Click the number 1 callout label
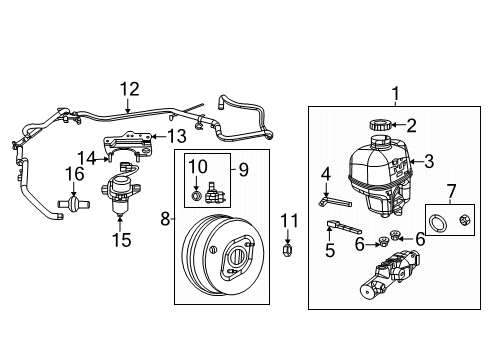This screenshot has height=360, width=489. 395,96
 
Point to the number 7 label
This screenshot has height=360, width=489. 450,190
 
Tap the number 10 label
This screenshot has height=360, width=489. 197,165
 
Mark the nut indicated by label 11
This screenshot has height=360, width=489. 288,249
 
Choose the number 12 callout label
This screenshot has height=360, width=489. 129,90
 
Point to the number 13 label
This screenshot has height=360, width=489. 175,137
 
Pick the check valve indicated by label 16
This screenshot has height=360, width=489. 75,204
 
